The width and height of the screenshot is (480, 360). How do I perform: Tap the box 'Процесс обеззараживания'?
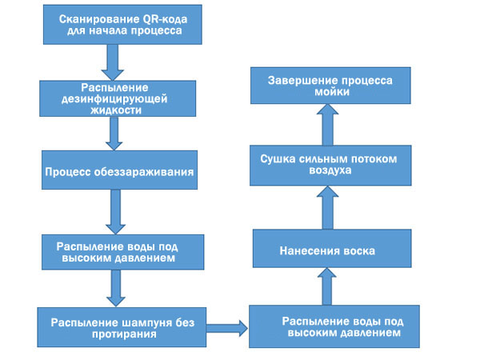pyautogui.click(x=120, y=172)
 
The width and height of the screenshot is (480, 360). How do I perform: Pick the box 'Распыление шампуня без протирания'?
pyautogui.click(x=121, y=327)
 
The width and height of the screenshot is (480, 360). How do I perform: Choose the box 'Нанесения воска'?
pyautogui.click(x=327, y=250)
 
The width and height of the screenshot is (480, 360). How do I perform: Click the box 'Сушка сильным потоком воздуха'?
pyautogui.click(x=328, y=164)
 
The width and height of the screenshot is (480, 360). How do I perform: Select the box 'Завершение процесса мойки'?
pyautogui.click(x=328, y=85)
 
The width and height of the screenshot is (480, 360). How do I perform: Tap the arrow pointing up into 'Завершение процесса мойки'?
pyautogui.click(x=326, y=123)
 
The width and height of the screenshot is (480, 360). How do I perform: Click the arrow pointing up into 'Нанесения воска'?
pyautogui.click(x=326, y=287)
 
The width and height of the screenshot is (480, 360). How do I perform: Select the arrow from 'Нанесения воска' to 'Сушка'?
pyautogui.click(x=326, y=206)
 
